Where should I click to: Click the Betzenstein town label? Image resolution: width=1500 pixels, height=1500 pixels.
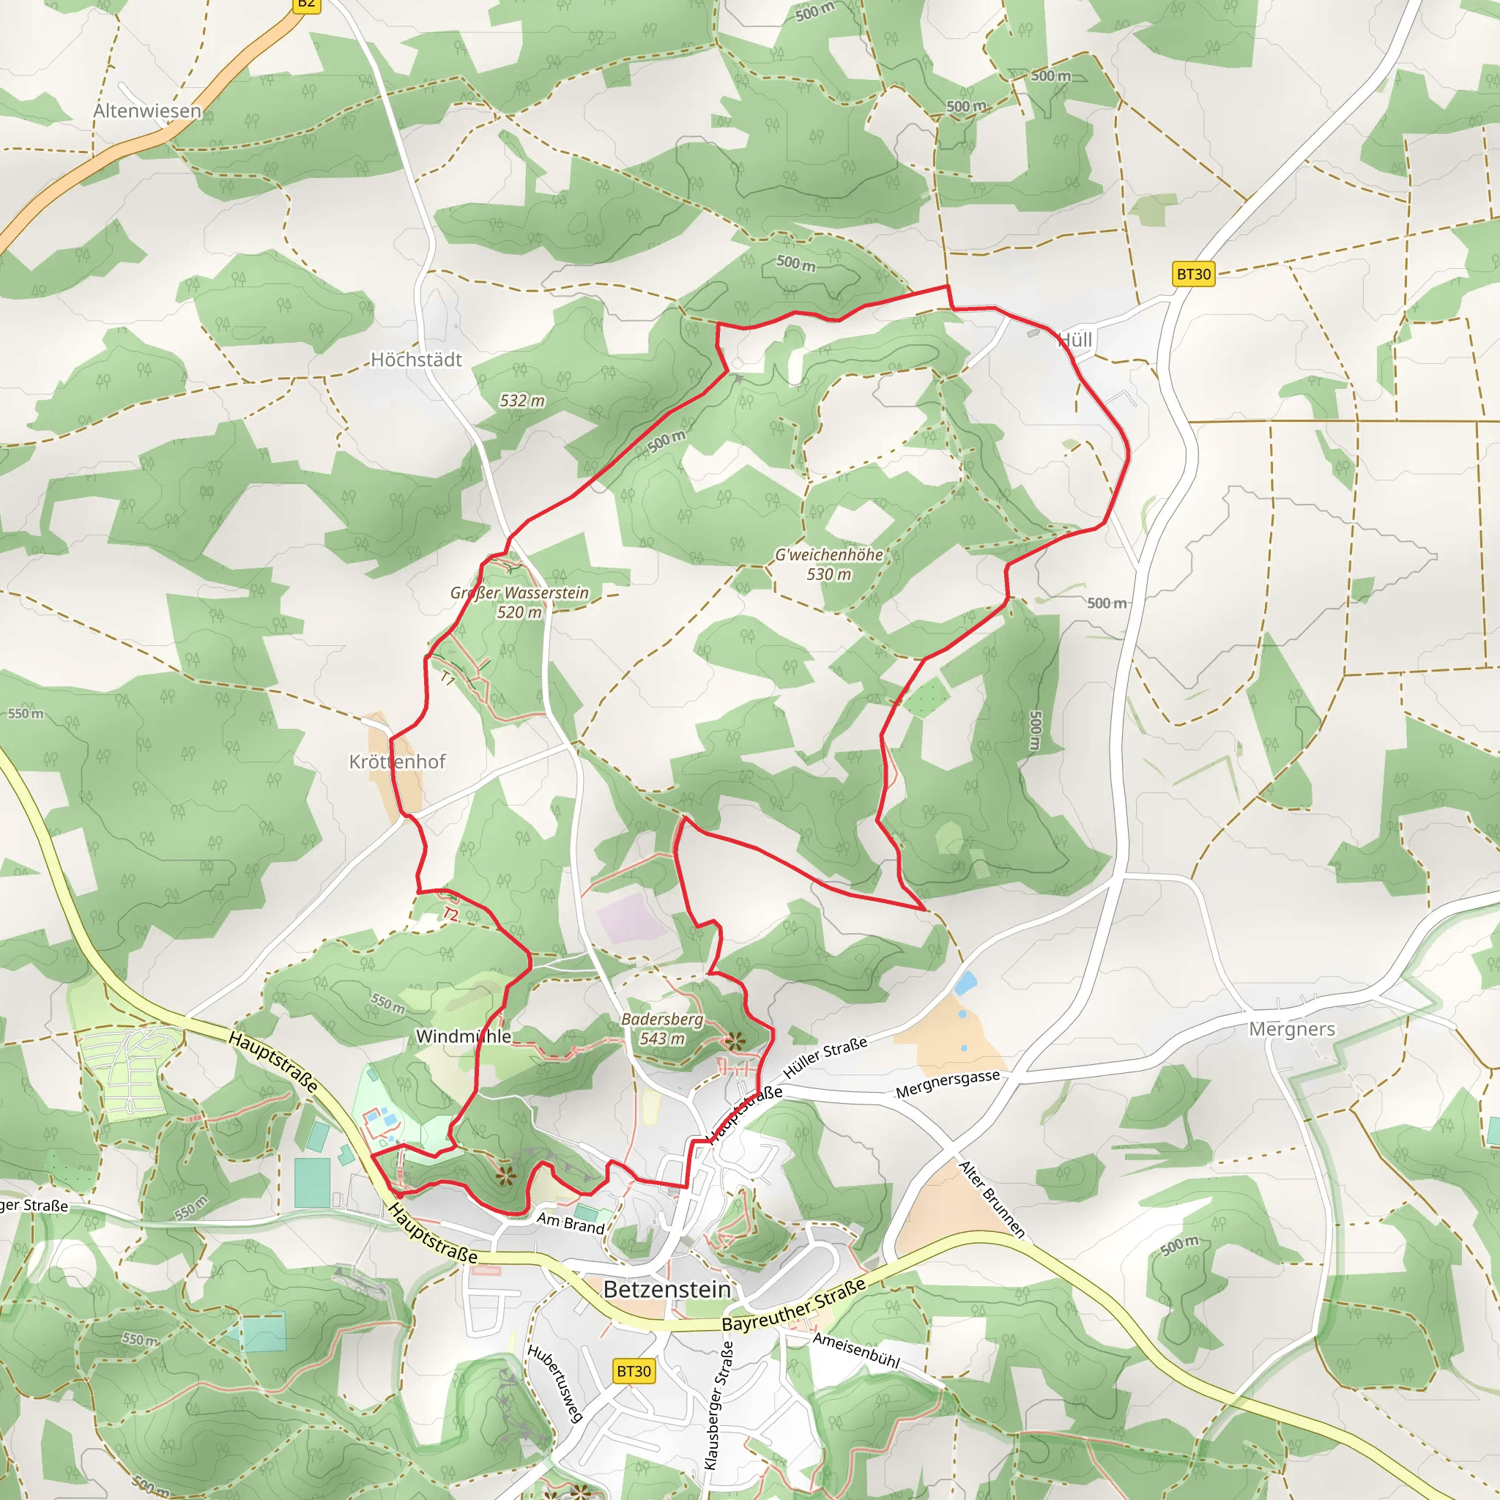(667, 1290)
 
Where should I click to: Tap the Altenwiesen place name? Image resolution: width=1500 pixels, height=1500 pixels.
(146, 111)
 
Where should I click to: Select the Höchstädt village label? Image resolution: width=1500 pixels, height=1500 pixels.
(416, 360)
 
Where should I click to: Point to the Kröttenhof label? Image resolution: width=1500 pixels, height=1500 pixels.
(397, 761)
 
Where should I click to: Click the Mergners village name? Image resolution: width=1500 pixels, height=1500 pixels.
(1292, 1029)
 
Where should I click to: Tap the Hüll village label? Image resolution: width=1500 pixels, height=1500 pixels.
(1076, 339)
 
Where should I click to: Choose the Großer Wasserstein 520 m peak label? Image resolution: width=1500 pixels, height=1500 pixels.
(519, 603)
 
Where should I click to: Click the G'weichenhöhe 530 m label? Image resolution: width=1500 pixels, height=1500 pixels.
(828, 565)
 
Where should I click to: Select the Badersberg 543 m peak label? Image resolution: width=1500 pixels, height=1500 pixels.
(662, 1029)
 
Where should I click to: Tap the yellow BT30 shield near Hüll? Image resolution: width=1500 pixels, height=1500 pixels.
(1193, 273)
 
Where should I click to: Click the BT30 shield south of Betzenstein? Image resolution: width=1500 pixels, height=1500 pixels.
(634, 1371)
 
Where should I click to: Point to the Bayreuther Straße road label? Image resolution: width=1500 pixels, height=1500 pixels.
(793, 1305)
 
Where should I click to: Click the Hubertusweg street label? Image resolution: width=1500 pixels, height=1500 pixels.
(555, 1384)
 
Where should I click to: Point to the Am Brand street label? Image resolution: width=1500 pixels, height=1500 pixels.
(571, 1224)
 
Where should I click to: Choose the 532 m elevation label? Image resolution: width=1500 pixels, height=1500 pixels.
(521, 401)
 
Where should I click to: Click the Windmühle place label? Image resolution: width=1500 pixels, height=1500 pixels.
(464, 1036)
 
